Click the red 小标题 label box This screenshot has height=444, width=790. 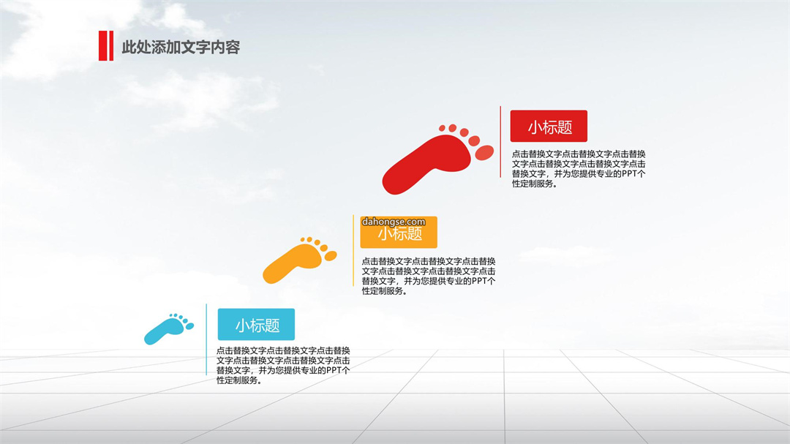(549, 126)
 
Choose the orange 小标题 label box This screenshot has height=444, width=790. (399, 233)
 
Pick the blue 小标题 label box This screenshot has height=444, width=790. (256, 325)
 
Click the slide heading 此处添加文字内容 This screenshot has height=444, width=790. (181, 48)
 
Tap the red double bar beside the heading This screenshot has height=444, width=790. (106, 46)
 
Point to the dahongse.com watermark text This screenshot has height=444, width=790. (394, 222)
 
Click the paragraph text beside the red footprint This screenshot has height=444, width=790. (579, 169)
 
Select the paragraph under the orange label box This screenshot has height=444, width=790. (428, 276)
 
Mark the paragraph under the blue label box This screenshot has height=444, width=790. (283, 366)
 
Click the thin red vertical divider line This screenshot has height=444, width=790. (500, 142)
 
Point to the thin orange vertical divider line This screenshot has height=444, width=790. (353, 250)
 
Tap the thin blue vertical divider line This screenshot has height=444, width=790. (206, 339)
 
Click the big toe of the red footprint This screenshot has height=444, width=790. (484, 152)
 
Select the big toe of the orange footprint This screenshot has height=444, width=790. (331, 256)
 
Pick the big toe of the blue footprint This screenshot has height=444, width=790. (189, 326)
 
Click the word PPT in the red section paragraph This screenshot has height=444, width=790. (629, 174)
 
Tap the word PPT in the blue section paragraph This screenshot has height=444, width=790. (334, 370)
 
